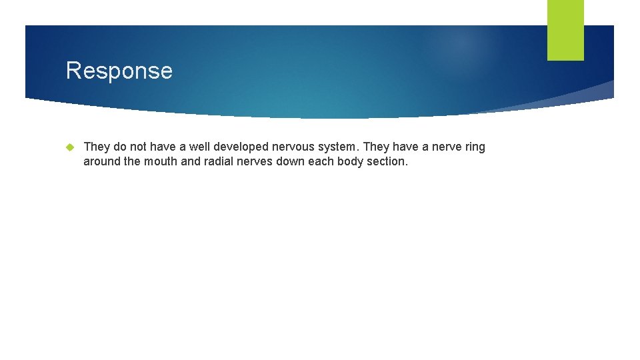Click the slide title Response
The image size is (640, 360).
tap(119, 71)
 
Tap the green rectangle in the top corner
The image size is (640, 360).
tap(565, 30)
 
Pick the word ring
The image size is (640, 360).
tap(474, 147)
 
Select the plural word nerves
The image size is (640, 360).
tap(257, 161)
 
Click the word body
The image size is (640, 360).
tap(351, 161)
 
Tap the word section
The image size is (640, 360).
tap(387, 161)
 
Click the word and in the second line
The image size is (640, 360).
tap(191, 161)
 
